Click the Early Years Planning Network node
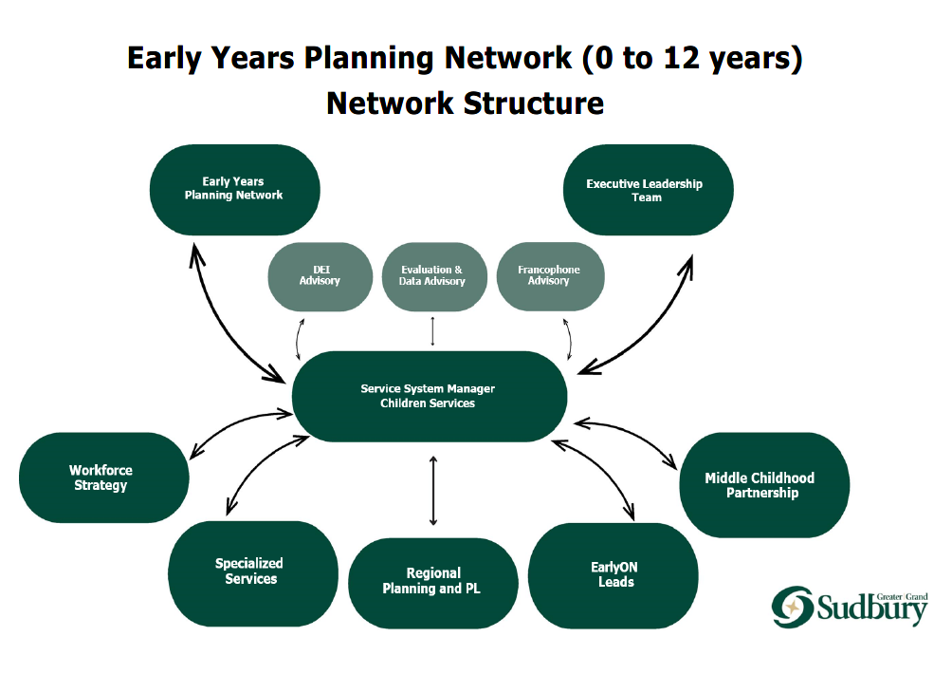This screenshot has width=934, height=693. [234, 189]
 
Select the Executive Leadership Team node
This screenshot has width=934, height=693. [647, 190]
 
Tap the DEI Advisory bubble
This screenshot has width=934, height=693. [320, 276]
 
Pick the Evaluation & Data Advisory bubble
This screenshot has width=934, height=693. [432, 276]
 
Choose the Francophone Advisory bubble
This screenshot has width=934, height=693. [549, 276]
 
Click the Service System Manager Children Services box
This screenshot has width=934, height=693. [429, 396]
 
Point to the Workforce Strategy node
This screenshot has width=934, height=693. [102, 478]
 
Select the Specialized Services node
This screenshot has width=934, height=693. [252, 572]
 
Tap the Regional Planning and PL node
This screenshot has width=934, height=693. [432, 581]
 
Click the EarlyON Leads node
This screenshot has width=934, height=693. [614, 574]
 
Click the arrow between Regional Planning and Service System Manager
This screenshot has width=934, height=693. [433, 490]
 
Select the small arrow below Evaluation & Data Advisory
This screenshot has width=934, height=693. [432, 331]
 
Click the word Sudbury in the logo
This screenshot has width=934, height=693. [871, 609]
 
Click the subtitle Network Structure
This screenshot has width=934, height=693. [465, 102]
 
